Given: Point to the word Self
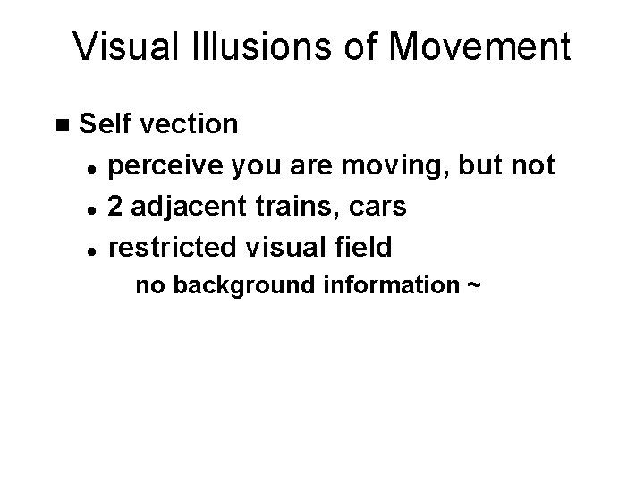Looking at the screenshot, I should click(106, 123).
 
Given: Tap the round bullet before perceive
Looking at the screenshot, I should click(92, 166).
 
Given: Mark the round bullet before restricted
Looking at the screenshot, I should click(92, 248).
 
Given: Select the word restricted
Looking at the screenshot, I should click(171, 248).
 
